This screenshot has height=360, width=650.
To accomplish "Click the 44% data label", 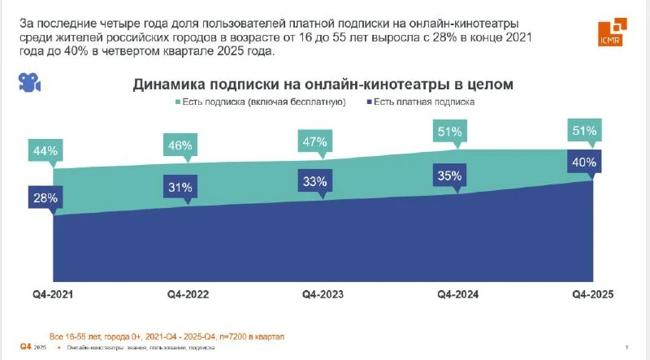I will [46, 150].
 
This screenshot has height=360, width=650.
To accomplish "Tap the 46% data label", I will [180, 146].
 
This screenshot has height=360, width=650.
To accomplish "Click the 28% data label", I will [46, 196].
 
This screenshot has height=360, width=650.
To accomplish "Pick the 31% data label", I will [180, 188].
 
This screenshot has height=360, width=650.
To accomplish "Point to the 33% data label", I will [314, 182].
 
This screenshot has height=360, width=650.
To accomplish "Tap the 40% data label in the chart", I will [584, 163].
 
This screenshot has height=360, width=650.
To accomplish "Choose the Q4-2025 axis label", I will [590, 294].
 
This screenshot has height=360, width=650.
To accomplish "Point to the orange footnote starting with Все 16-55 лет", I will [167, 335].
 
